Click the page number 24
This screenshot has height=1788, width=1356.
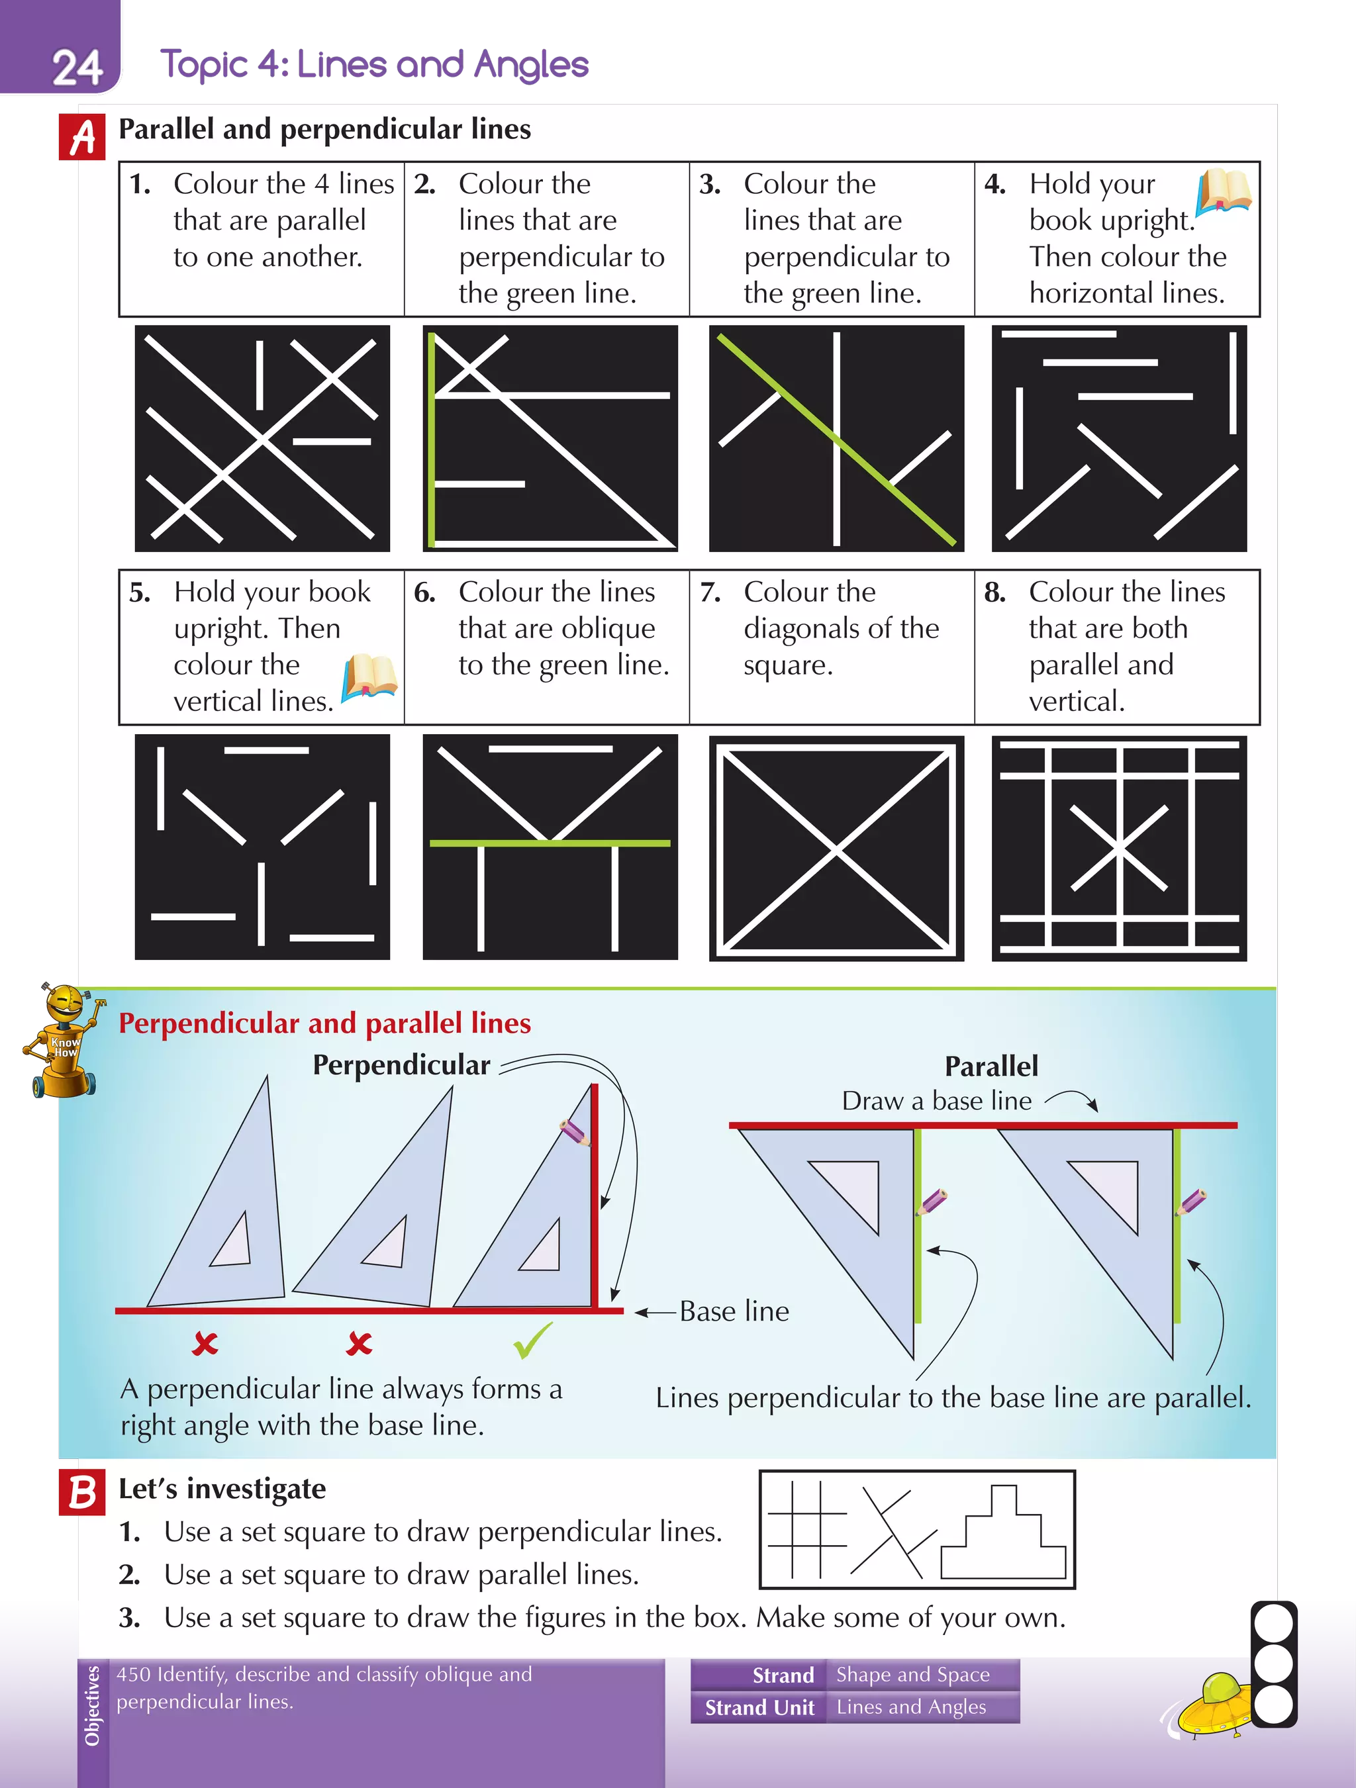[x=77, y=67]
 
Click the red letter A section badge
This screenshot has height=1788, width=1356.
[x=81, y=138]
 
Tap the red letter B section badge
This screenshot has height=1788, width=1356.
[x=81, y=1492]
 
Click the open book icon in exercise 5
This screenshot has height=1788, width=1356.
[x=369, y=677]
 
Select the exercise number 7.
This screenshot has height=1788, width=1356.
[x=710, y=592]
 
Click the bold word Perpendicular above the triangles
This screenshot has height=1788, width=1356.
[x=401, y=1065]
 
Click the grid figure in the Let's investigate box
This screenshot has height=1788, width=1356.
[x=807, y=1529]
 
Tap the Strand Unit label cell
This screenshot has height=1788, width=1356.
[x=759, y=1707]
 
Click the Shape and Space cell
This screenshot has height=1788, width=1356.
[x=912, y=1674]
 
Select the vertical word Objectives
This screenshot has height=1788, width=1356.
[x=92, y=1705]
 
